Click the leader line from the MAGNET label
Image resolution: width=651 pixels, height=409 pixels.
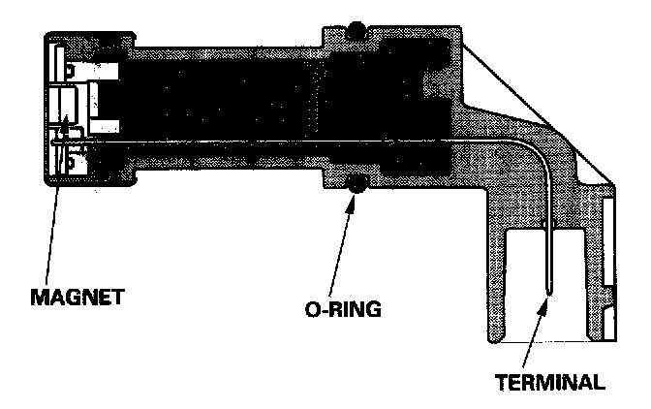(54, 204)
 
